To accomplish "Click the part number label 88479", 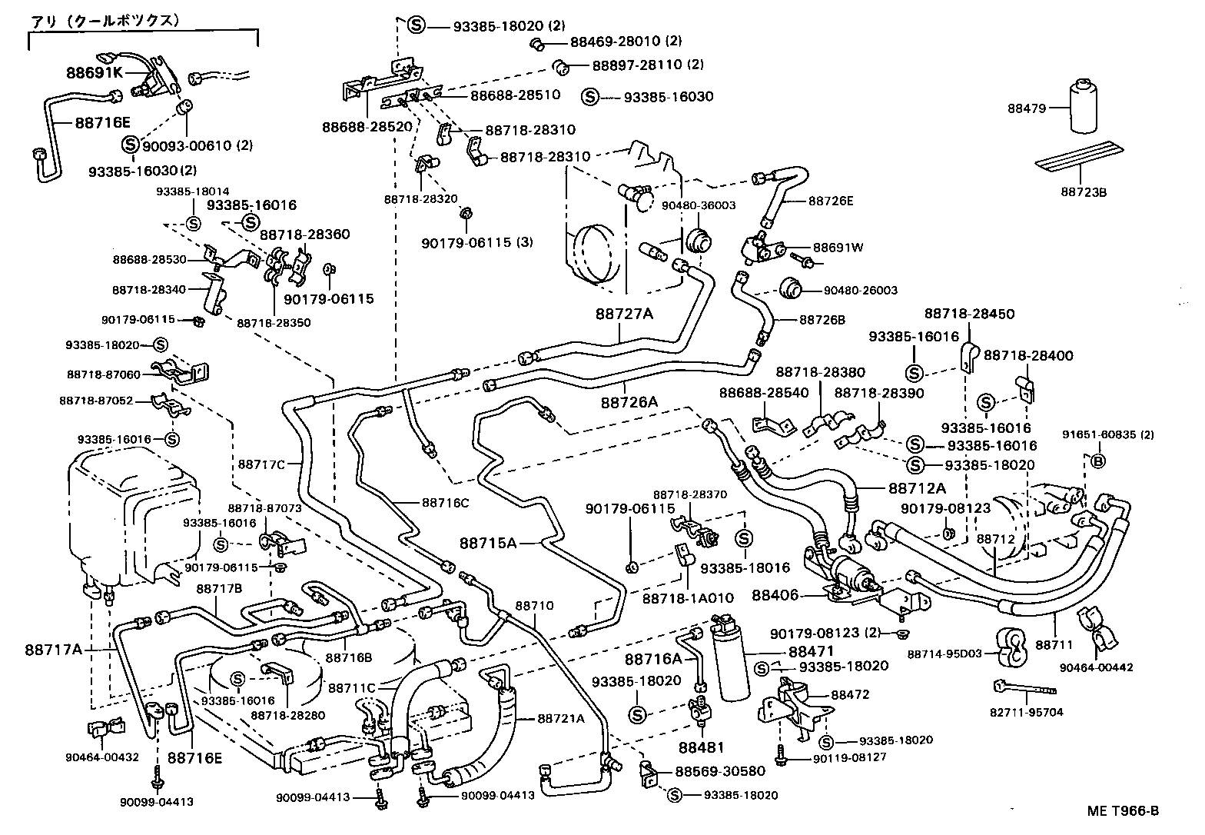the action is (x=1027, y=108).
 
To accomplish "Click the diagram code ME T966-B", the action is (x=1123, y=810).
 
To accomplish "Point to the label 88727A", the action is (x=624, y=314).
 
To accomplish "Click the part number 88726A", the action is (x=629, y=402).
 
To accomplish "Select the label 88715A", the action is (x=488, y=543).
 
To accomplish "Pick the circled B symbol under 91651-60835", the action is (x=1098, y=461).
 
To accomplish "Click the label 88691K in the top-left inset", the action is (x=95, y=73).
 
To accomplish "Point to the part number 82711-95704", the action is (x=1027, y=712).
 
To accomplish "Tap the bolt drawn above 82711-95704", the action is (x=1024, y=687).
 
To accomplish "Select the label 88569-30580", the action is (x=720, y=771).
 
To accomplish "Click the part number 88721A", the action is (x=561, y=719).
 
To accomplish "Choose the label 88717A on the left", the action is (x=54, y=650).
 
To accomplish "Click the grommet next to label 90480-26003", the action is (x=791, y=288).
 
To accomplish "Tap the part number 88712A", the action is (x=918, y=488).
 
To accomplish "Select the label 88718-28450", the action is (x=969, y=314).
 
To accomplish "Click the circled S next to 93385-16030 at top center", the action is (x=590, y=97).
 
